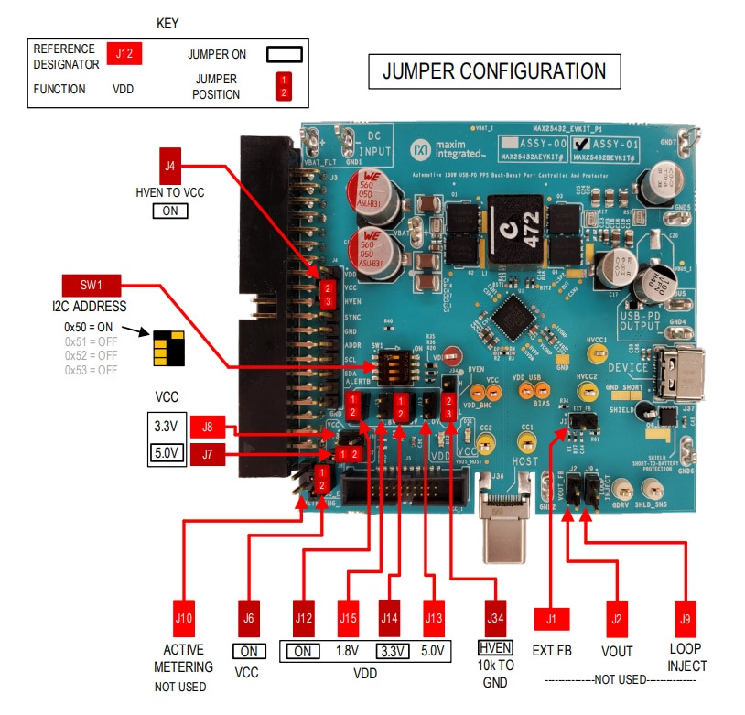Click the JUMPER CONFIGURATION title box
pyautogui.click(x=493, y=71)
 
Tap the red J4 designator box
pyautogui.click(x=170, y=167)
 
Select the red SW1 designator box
pyautogui.click(x=88, y=286)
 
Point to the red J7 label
pyautogui.click(x=208, y=452)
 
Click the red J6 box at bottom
pyautogui.click(x=248, y=617)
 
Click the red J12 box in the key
pyautogui.click(x=124, y=53)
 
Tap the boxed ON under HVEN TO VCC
pyautogui.click(x=169, y=211)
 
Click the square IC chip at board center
pyautogui.click(x=508, y=320)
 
